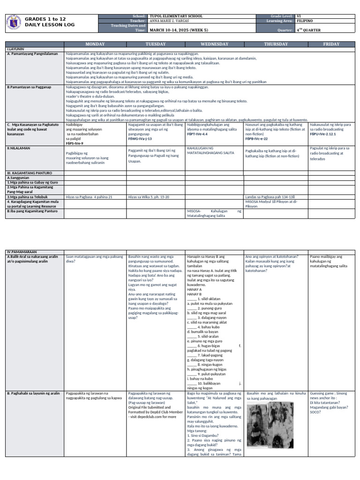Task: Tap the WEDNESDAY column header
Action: click(214, 44)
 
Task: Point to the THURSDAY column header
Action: click(276, 44)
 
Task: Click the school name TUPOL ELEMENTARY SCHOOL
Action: click(176, 16)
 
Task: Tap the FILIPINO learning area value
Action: click(305, 21)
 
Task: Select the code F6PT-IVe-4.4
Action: click(197, 134)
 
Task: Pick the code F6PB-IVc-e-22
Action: click(257, 139)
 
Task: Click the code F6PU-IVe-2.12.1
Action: click(323, 134)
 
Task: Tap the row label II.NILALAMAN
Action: click(17, 148)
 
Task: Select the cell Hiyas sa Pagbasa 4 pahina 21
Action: click(90, 197)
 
